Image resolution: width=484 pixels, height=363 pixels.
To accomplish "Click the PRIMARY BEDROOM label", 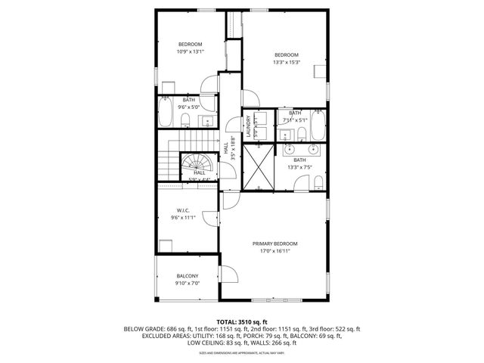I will click(x=275, y=244).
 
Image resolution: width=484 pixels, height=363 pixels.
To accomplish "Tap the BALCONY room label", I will click(x=188, y=275).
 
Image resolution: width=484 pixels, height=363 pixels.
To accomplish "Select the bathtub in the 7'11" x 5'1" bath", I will click(x=318, y=125).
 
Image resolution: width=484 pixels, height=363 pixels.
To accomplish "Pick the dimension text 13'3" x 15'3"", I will click(x=286, y=62).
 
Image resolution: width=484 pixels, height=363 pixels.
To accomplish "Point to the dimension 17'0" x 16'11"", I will click(x=275, y=251).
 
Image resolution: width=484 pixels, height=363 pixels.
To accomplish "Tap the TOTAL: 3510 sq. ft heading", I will click(x=242, y=321).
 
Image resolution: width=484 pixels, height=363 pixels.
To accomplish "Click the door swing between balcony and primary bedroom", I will click(x=226, y=276).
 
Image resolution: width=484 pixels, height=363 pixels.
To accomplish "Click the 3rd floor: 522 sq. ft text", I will click(x=333, y=329).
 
